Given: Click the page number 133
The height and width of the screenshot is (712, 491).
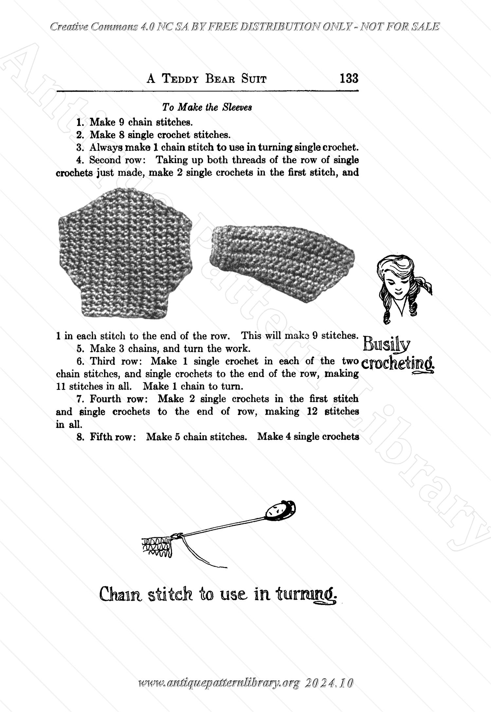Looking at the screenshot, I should (x=349, y=79).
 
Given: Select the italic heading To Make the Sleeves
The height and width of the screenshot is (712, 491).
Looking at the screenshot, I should (x=207, y=107).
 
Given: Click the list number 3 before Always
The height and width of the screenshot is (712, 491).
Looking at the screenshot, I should (x=79, y=148).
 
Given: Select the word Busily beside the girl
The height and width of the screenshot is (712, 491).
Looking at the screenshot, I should (x=387, y=344).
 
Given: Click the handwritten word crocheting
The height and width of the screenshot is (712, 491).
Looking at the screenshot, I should (x=398, y=363).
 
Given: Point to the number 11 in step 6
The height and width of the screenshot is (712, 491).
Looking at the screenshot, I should (x=61, y=386).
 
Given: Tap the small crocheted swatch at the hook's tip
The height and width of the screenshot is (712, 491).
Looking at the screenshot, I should (x=157, y=546).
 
